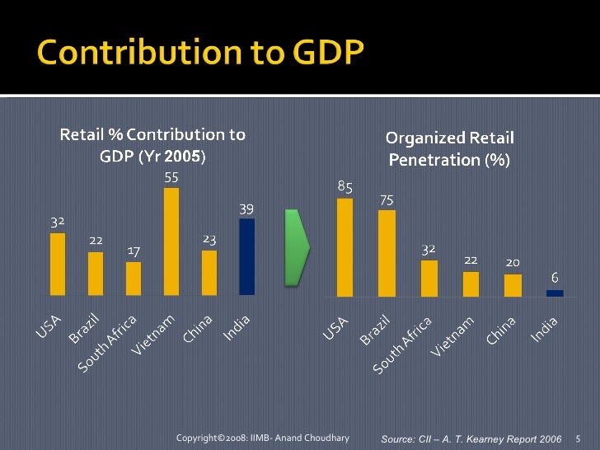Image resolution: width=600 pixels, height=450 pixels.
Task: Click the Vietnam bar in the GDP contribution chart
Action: click(x=171, y=241)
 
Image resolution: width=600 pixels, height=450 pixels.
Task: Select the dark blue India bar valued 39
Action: click(x=246, y=256)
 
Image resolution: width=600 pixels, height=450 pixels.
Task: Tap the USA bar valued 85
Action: click(x=345, y=246)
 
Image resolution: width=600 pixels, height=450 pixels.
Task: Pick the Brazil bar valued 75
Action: click(x=387, y=252)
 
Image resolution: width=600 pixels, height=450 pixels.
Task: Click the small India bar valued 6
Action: click(x=555, y=293)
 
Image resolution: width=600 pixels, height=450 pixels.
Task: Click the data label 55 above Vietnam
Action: click(x=171, y=177)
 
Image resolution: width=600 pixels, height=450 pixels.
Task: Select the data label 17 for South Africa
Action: click(x=134, y=250)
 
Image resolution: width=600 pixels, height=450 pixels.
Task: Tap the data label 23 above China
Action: click(x=209, y=239)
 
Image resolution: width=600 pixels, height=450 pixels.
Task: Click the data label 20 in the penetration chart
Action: click(x=512, y=262)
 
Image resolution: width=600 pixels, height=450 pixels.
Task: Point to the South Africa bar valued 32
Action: click(x=429, y=277)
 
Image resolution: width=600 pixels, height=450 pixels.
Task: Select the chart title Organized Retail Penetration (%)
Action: click(x=449, y=148)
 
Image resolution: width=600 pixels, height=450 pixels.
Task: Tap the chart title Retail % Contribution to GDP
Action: click(x=152, y=144)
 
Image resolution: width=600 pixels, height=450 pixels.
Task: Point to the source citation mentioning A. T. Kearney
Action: click(x=471, y=438)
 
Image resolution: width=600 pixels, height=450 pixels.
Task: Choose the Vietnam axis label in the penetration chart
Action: click(x=454, y=336)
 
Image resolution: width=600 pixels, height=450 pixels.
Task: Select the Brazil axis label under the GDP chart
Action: click(x=85, y=328)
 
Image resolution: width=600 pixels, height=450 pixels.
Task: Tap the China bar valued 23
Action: click(x=209, y=272)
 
